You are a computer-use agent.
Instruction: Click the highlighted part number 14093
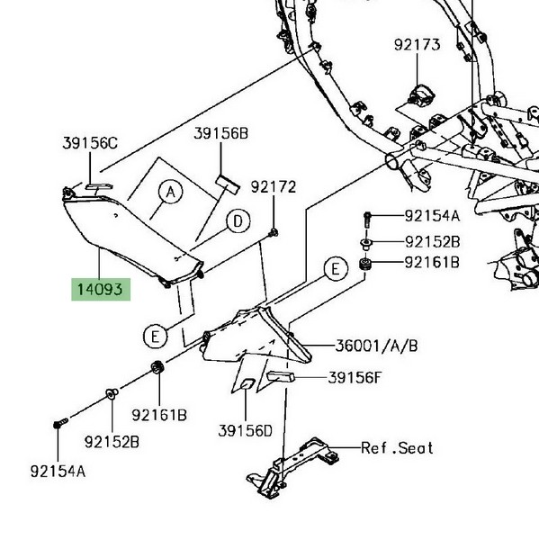point(100,289)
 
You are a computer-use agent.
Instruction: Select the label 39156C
point(90,143)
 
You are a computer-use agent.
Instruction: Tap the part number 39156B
point(220,133)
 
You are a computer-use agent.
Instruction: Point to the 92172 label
point(274,187)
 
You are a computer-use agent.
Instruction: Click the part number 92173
point(418,45)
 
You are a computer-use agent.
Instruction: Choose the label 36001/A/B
point(376,346)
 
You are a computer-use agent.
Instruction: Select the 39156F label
point(355,378)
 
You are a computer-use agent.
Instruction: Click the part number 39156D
point(246,431)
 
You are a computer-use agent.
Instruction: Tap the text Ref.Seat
point(397,448)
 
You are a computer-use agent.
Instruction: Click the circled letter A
point(171,193)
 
